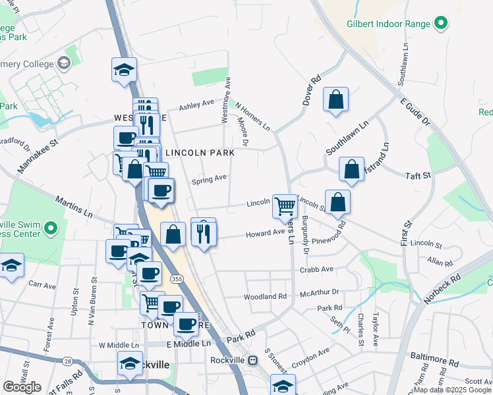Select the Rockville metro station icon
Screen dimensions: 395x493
point(252,360)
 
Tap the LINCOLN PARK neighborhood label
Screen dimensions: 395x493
point(200,153)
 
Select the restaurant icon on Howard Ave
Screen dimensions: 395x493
point(204,232)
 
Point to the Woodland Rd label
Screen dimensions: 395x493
point(265,297)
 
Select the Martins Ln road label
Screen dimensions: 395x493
point(74,207)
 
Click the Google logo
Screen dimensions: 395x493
point(22,387)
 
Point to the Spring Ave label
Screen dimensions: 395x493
point(209,178)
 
